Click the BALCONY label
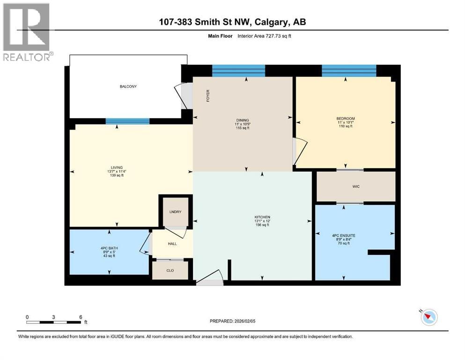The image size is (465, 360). click(x=128, y=86)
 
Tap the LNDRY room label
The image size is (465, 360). click(x=175, y=212)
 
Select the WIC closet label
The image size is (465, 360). click(x=356, y=187)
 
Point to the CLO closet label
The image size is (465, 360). click(x=170, y=270)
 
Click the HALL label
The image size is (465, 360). click(x=172, y=244)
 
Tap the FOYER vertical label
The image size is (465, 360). click(x=208, y=96)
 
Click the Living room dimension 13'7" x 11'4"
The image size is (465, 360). click(x=117, y=172)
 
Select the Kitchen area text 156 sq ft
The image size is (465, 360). click(x=262, y=225)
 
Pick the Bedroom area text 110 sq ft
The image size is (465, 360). click(x=346, y=126)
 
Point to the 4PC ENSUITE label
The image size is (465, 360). click(x=344, y=236)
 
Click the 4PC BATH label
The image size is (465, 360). click(x=109, y=248)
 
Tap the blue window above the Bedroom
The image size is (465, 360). click(x=349, y=71)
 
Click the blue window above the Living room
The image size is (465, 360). click(x=127, y=121)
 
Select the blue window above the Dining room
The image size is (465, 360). click(x=239, y=71)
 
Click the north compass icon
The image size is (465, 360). click(x=429, y=317)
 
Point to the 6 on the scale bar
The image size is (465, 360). click(x=81, y=317)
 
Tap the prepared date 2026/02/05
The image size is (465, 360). click(x=244, y=321)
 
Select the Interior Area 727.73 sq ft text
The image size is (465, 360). click(x=264, y=36)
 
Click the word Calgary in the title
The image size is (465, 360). click(x=271, y=22)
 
